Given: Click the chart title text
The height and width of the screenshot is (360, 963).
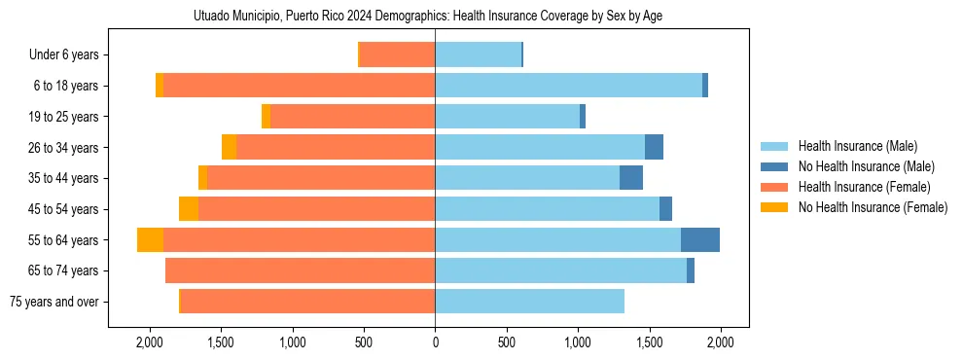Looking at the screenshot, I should tap(428, 17).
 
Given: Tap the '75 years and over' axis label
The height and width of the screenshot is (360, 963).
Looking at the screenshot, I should tap(54, 302).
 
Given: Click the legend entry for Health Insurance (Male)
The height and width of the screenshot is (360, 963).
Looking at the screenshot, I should tap(857, 146).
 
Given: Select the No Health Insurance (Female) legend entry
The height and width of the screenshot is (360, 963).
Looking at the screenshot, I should tap(873, 207).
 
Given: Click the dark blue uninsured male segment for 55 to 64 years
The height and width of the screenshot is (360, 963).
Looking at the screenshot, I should tap(700, 239).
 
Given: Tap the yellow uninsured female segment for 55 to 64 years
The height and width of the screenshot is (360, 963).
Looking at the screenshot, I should tap(150, 239).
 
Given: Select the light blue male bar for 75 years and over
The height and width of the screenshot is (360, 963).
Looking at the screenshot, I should tap(529, 302).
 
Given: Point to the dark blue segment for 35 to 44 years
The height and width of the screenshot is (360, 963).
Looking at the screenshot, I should tap(631, 178).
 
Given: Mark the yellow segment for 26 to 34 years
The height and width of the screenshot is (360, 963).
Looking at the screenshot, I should tap(229, 148).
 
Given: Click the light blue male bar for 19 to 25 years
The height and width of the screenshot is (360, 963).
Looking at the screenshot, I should tap(507, 117).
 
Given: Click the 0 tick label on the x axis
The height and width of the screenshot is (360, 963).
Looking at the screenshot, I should tap(435, 342).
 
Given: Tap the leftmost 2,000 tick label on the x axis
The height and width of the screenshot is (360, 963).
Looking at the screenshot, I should tap(150, 342).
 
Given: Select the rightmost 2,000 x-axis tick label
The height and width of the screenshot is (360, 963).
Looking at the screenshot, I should tap(720, 342).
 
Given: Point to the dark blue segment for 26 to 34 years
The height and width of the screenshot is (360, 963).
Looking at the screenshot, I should tap(654, 148).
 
